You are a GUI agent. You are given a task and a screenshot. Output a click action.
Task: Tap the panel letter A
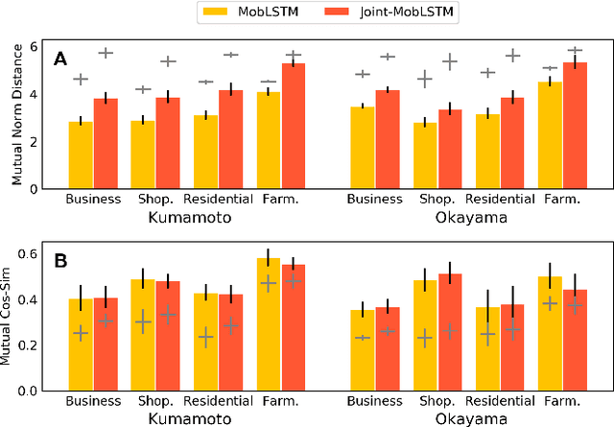click(60, 59)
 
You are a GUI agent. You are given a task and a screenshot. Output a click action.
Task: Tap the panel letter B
click(60, 260)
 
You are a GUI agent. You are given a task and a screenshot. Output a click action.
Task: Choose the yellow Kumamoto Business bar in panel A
click(81, 154)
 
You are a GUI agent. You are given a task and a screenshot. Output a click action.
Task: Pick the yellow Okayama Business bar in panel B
click(363, 350)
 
